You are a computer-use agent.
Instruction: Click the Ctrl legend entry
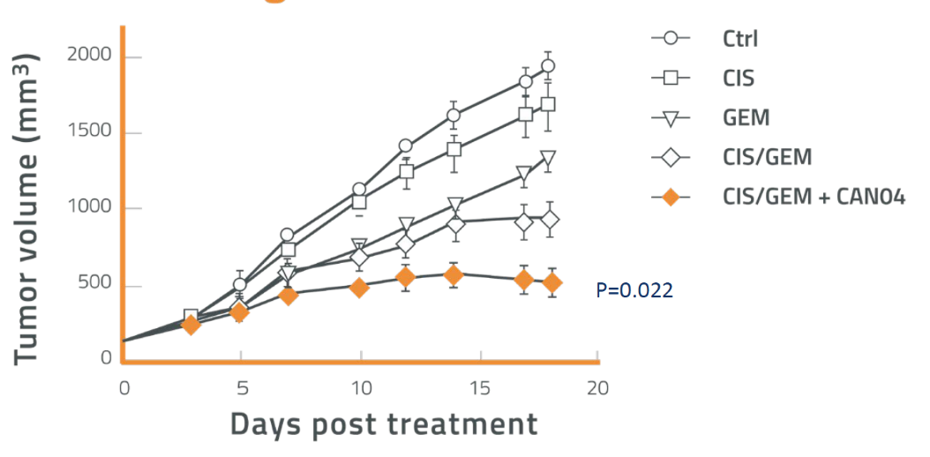coord(739,38)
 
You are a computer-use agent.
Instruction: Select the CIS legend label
coord(739,78)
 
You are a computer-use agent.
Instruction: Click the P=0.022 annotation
coord(634,289)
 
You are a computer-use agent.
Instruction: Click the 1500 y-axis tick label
coord(91,132)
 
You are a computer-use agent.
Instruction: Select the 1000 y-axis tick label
coord(91,209)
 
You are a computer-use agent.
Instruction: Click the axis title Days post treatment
coord(384,424)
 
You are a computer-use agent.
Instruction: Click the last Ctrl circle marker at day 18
coord(548,66)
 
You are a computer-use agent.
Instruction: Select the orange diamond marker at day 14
coord(453,275)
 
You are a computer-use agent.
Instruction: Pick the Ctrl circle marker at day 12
coord(406,146)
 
